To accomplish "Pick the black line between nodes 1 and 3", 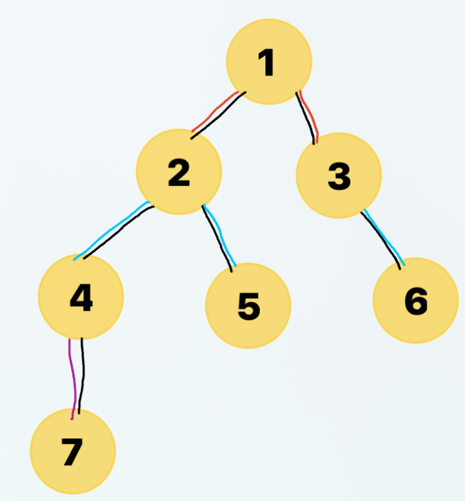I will [x=307, y=118].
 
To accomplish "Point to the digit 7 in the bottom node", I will [x=72, y=452].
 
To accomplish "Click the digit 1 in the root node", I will [x=268, y=62].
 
